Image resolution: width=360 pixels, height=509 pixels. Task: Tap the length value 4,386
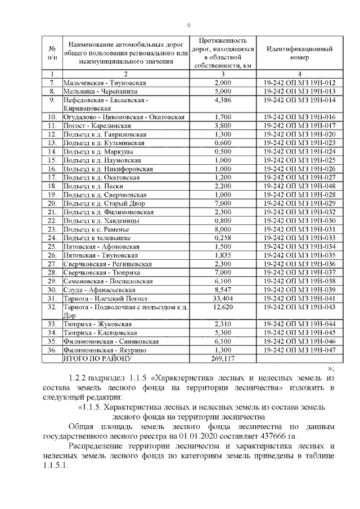click(223, 100)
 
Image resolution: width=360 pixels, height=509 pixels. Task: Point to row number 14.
click(52, 151)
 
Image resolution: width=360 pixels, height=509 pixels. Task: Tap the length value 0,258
click(223, 237)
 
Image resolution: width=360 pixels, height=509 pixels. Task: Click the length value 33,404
click(223, 298)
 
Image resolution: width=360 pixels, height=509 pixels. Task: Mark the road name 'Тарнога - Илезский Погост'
click(105, 298)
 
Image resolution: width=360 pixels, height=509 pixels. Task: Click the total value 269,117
click(223, 358)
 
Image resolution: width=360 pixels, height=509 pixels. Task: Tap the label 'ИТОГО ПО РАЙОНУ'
click(96, 358)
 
